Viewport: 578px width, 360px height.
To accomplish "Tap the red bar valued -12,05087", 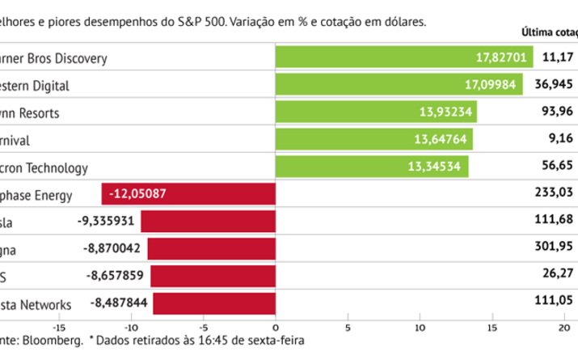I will click(x=188, y=194).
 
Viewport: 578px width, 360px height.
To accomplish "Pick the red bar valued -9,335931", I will click(x=208, y=222).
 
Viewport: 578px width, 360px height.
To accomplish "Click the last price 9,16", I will click(x=563, y=140).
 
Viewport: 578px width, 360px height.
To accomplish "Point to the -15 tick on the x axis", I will click(x=59, y=328).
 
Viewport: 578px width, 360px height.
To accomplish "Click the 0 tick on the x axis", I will click(x=276, y=328).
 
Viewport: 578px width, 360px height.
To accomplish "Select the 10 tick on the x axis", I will click(x=420, y=328).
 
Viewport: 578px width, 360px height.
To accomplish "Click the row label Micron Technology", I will click(x=44, y=167).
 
